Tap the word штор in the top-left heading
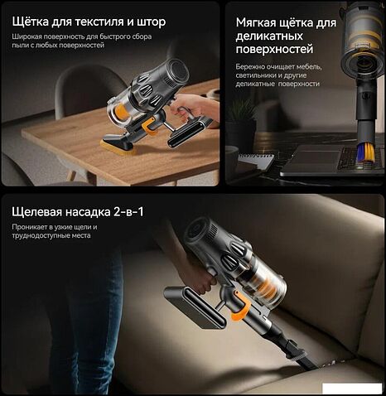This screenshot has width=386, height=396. point(171,20)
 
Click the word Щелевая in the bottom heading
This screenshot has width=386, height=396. point(40,212)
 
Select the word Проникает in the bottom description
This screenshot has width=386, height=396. point(31,226)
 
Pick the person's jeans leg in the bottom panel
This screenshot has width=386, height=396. point(75,331)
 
